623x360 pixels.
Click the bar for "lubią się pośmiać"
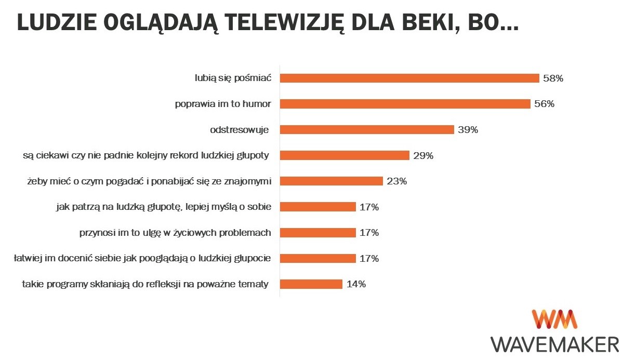point(409,78)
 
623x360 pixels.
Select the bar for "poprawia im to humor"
point(405,104)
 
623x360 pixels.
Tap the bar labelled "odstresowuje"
point(367,130)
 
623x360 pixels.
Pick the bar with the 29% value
point(344,155)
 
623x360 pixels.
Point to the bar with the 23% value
point(331,181)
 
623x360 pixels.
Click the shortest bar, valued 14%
point(311,284)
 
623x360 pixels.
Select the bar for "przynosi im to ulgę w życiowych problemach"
point(317,233)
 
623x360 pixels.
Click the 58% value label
point(553,78)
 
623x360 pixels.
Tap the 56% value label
point(544,104)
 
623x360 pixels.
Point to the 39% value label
point(468,130)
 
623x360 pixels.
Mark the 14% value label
point(356,284)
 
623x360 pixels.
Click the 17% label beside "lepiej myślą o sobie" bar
point(369,207)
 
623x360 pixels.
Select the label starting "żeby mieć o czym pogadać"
point(150,181)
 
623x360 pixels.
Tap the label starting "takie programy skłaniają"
point(145,284)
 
